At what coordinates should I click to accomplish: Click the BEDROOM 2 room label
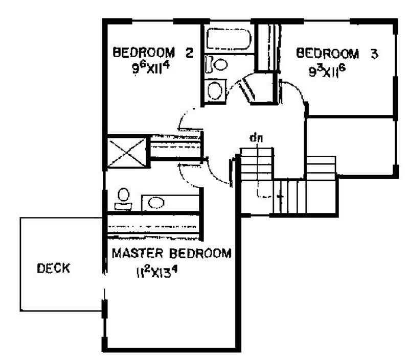pos(153,53)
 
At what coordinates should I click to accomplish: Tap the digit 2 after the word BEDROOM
pos(189,53)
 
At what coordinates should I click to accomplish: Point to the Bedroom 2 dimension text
pos(151,68)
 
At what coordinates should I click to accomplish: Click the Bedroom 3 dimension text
pos(327,71)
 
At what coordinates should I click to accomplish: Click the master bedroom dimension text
pos(157,273)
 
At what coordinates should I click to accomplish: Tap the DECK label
pos(54,268)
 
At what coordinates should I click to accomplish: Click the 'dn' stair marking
pos(256,138)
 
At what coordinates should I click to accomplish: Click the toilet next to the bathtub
pos(216,64)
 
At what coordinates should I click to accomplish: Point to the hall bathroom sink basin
pos(215,90)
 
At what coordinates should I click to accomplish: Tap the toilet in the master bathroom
pos(123,199)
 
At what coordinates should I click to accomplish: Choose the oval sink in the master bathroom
pos(156,203)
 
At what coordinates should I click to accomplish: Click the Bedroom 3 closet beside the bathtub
pos(267,47)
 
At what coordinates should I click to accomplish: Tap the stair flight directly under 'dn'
pos(257,163)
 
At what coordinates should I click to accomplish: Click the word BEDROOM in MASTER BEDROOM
pos(200,253)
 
